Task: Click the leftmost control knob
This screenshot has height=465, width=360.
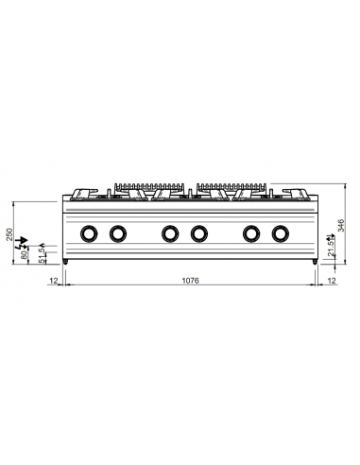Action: click(88, 232)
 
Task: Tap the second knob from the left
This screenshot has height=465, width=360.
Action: click(118, 232)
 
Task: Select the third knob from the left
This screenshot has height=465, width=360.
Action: click(169, 232)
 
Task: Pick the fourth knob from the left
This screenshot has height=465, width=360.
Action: click(199, 232)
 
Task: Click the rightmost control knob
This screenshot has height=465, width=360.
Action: click(281, 232)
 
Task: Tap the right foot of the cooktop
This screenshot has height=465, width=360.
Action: click(314, 260)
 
